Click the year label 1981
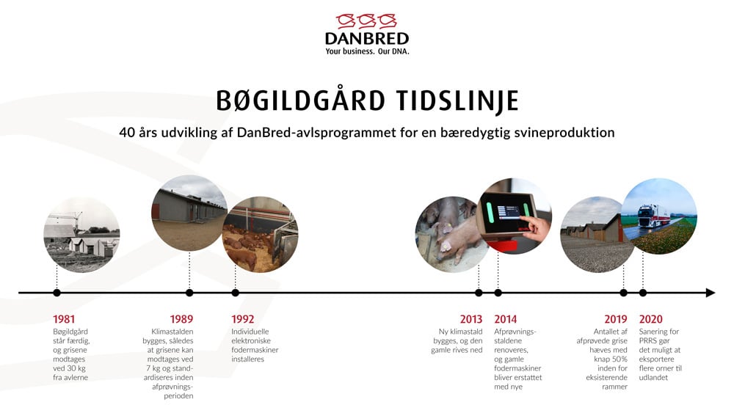[64, 319]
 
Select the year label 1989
[181, 319]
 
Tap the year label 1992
[242, 319]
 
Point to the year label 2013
[471, 319]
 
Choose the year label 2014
[506, 319]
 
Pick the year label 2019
[616, 319]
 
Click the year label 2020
[650, 319]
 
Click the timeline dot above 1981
[57, 293]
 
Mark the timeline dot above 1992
[235, 293]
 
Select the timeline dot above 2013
[479, 293]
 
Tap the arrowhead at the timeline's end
[711, 293]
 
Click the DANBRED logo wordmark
[367, 38]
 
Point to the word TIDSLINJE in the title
[457, 100]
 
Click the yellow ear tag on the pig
[446, 230]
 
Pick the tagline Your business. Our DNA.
[367, 51]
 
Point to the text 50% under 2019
[619, 359]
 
